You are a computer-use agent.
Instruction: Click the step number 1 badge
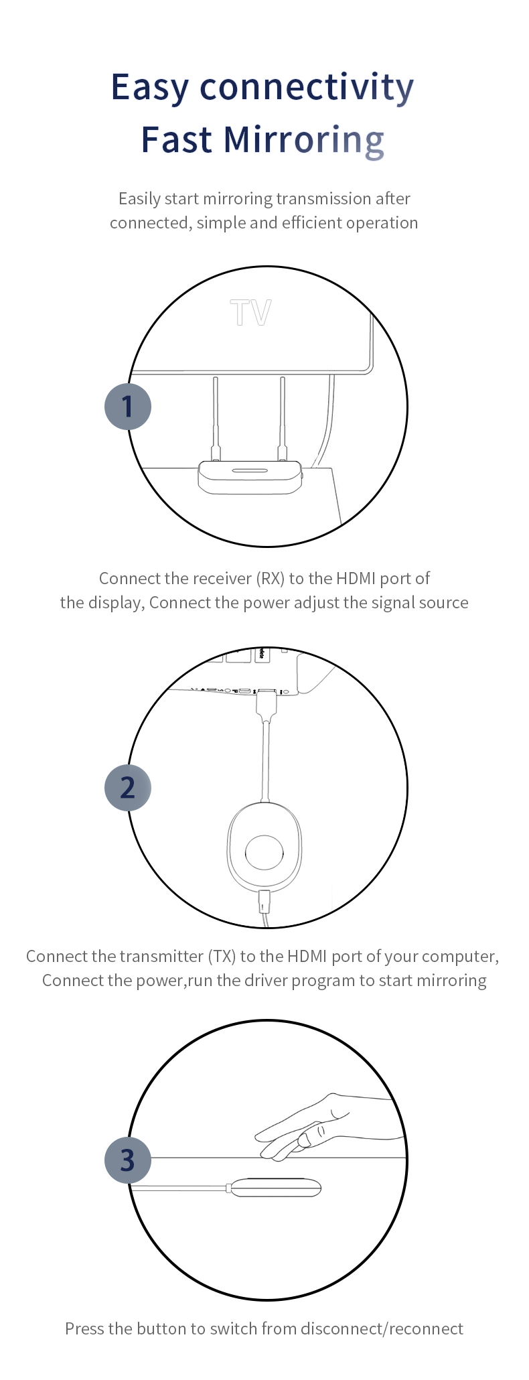click(128, 407)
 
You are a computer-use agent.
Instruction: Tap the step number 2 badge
click(128, 788)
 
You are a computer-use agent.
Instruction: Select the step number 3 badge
click(128, 1160)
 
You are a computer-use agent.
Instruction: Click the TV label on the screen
click(251, 313)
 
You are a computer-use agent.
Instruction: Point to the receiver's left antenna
click(216, 419)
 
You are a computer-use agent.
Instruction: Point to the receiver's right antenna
click(283, 419)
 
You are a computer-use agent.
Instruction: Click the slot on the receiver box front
click(250, 470)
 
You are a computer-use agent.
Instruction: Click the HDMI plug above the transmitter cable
click(267, 705)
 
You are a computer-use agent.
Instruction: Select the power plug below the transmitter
click(265, 902)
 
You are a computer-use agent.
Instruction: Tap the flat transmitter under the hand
click(275, 1188)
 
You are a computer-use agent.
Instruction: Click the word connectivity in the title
click(307, 88)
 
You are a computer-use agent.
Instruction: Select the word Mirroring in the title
click(303, 140)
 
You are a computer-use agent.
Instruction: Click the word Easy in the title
click(150, 88)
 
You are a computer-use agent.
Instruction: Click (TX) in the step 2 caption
click(222, 956)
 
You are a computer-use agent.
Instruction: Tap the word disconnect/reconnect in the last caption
click(382, 1328)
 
